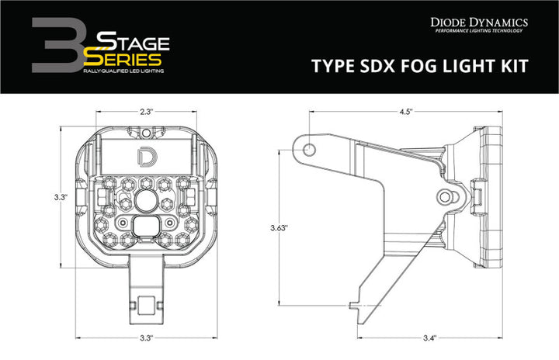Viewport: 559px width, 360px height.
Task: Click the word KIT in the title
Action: pos(515,66)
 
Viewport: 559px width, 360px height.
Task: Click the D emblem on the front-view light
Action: pos(146,155)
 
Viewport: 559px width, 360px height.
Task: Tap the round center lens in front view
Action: pos(146,202)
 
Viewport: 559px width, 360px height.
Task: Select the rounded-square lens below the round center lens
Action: pos(146,226)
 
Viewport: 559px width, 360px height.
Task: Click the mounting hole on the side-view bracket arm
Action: pos(309,148)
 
